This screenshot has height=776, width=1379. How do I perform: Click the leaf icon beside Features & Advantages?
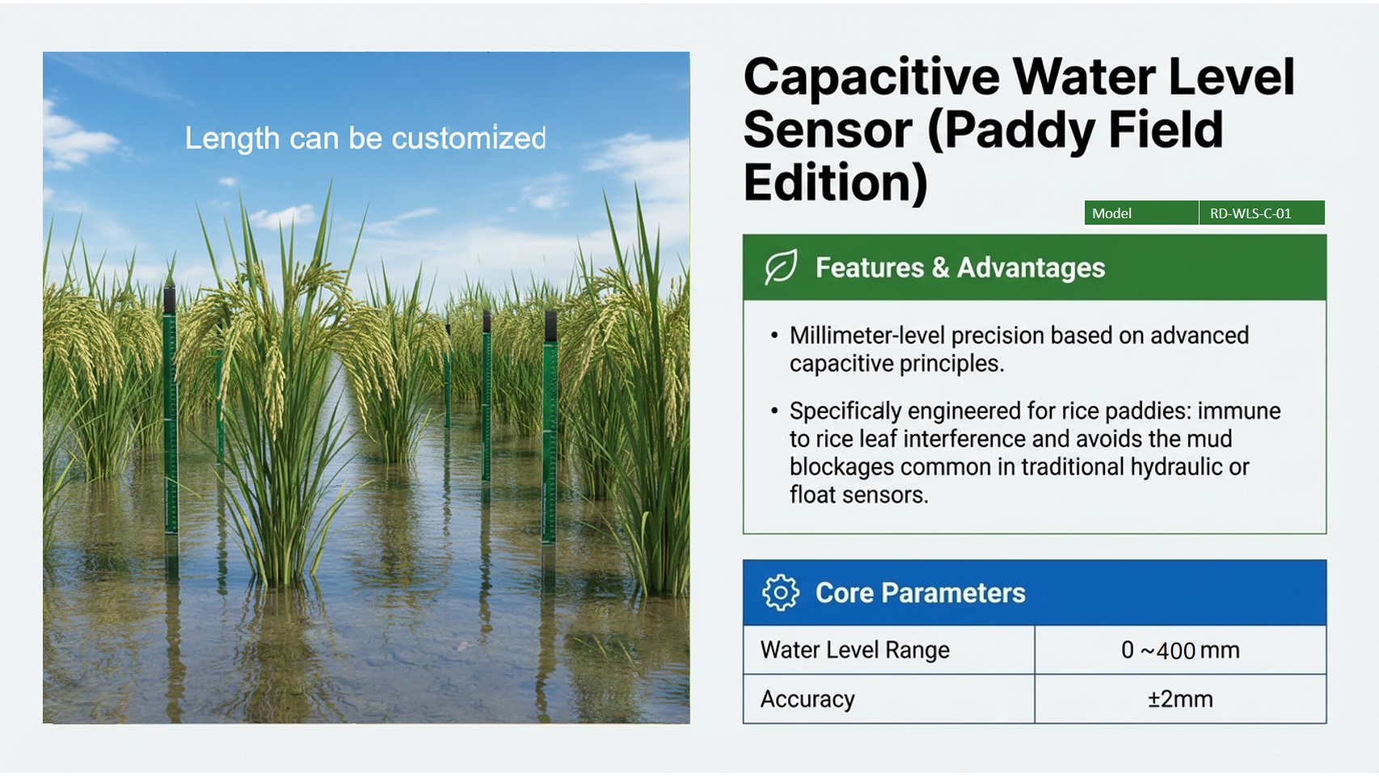point(781,268)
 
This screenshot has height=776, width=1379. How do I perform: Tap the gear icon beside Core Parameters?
point(780,593)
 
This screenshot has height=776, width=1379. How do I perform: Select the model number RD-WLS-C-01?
point(1250,213)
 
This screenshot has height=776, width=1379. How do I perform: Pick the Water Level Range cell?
point(855,650)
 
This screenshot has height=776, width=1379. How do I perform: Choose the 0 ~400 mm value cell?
point(1180,650)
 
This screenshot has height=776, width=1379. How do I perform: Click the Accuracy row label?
point(808,699)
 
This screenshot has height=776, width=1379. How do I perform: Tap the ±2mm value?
point(1180,699)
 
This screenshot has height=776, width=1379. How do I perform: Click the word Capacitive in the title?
point(871,78)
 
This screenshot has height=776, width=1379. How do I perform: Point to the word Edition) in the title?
point(835,183)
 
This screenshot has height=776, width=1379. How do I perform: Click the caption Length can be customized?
point(365,138)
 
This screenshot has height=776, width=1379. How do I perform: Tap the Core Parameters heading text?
point(920,593)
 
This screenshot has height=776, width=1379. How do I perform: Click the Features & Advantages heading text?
point(959,268)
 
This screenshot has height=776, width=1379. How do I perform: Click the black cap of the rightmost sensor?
point(550,326)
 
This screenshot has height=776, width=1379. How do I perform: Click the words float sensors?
point(858,495)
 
